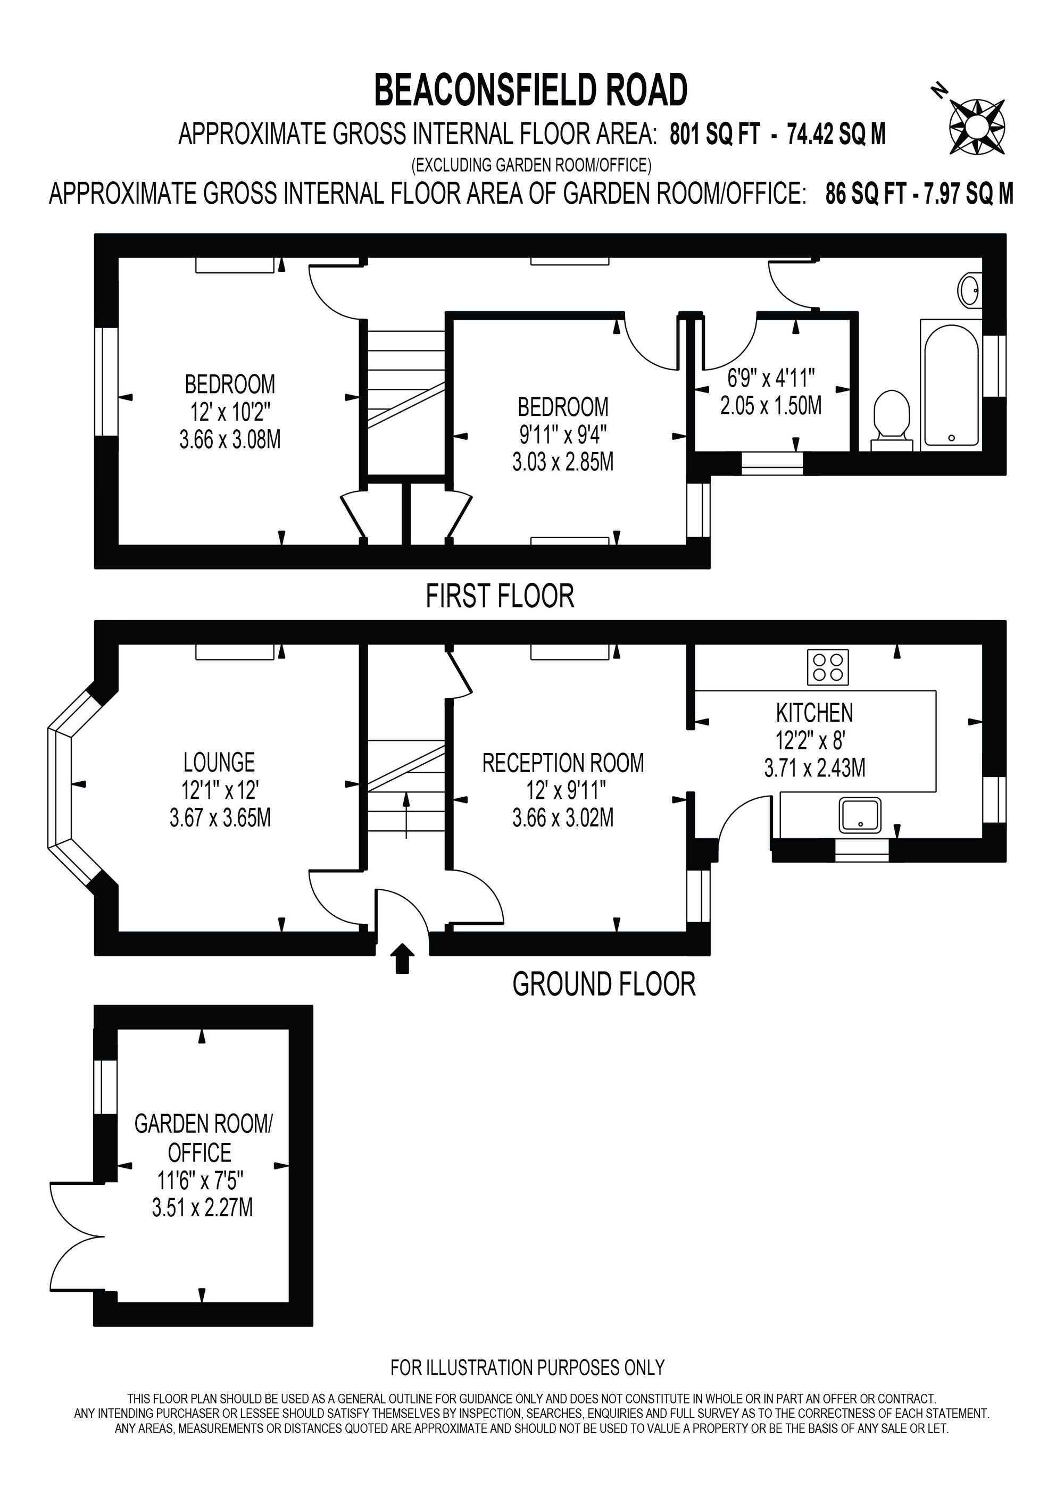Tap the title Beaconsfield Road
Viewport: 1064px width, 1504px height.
pos(531,90)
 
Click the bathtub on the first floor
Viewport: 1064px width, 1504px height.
pos(951,385)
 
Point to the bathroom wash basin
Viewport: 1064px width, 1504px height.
pos(970,289)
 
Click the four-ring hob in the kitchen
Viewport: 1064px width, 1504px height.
pos(828,667)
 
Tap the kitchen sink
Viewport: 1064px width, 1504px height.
pos(860,815)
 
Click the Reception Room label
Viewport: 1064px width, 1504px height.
pos(563,763)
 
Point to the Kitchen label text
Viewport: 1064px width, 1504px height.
pos(814,713)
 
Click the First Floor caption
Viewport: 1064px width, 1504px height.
pos(500,596)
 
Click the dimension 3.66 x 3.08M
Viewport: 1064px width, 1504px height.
pos(230,439)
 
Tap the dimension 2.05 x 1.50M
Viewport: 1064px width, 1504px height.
pos(770,406)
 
